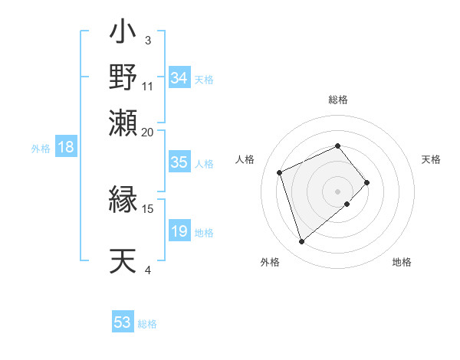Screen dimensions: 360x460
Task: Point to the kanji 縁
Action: tap(123, 201)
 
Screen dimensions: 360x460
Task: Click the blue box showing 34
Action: tap(179, 78)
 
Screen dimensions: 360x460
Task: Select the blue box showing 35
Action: tap(179, 162)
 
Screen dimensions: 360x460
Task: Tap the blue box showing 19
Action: tap(179, 232)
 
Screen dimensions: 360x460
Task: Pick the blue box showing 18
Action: tap(66, 148)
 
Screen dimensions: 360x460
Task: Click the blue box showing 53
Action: tap(123, 322)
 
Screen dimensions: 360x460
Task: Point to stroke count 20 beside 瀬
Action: tap(148, 132)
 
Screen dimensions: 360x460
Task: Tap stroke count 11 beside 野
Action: tap(148, 86)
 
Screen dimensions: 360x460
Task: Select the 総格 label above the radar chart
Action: tap(338, 100)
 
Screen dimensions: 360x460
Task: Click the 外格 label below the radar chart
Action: tap(270, 262)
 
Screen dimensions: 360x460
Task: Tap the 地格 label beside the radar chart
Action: tap(402, 262)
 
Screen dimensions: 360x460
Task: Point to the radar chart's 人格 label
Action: tap(245, 159)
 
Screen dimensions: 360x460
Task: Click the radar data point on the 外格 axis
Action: tap(302, 242)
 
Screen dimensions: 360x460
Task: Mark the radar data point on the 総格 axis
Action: tap(338, 146)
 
